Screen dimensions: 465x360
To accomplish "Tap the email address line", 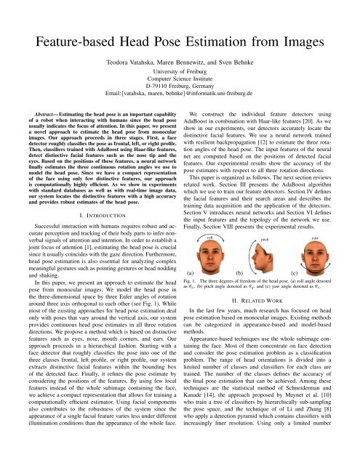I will (x=180, y=103).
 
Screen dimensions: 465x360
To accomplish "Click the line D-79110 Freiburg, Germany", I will (x=180, y=94).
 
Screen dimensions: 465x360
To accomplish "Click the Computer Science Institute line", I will (x=180, y=86).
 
